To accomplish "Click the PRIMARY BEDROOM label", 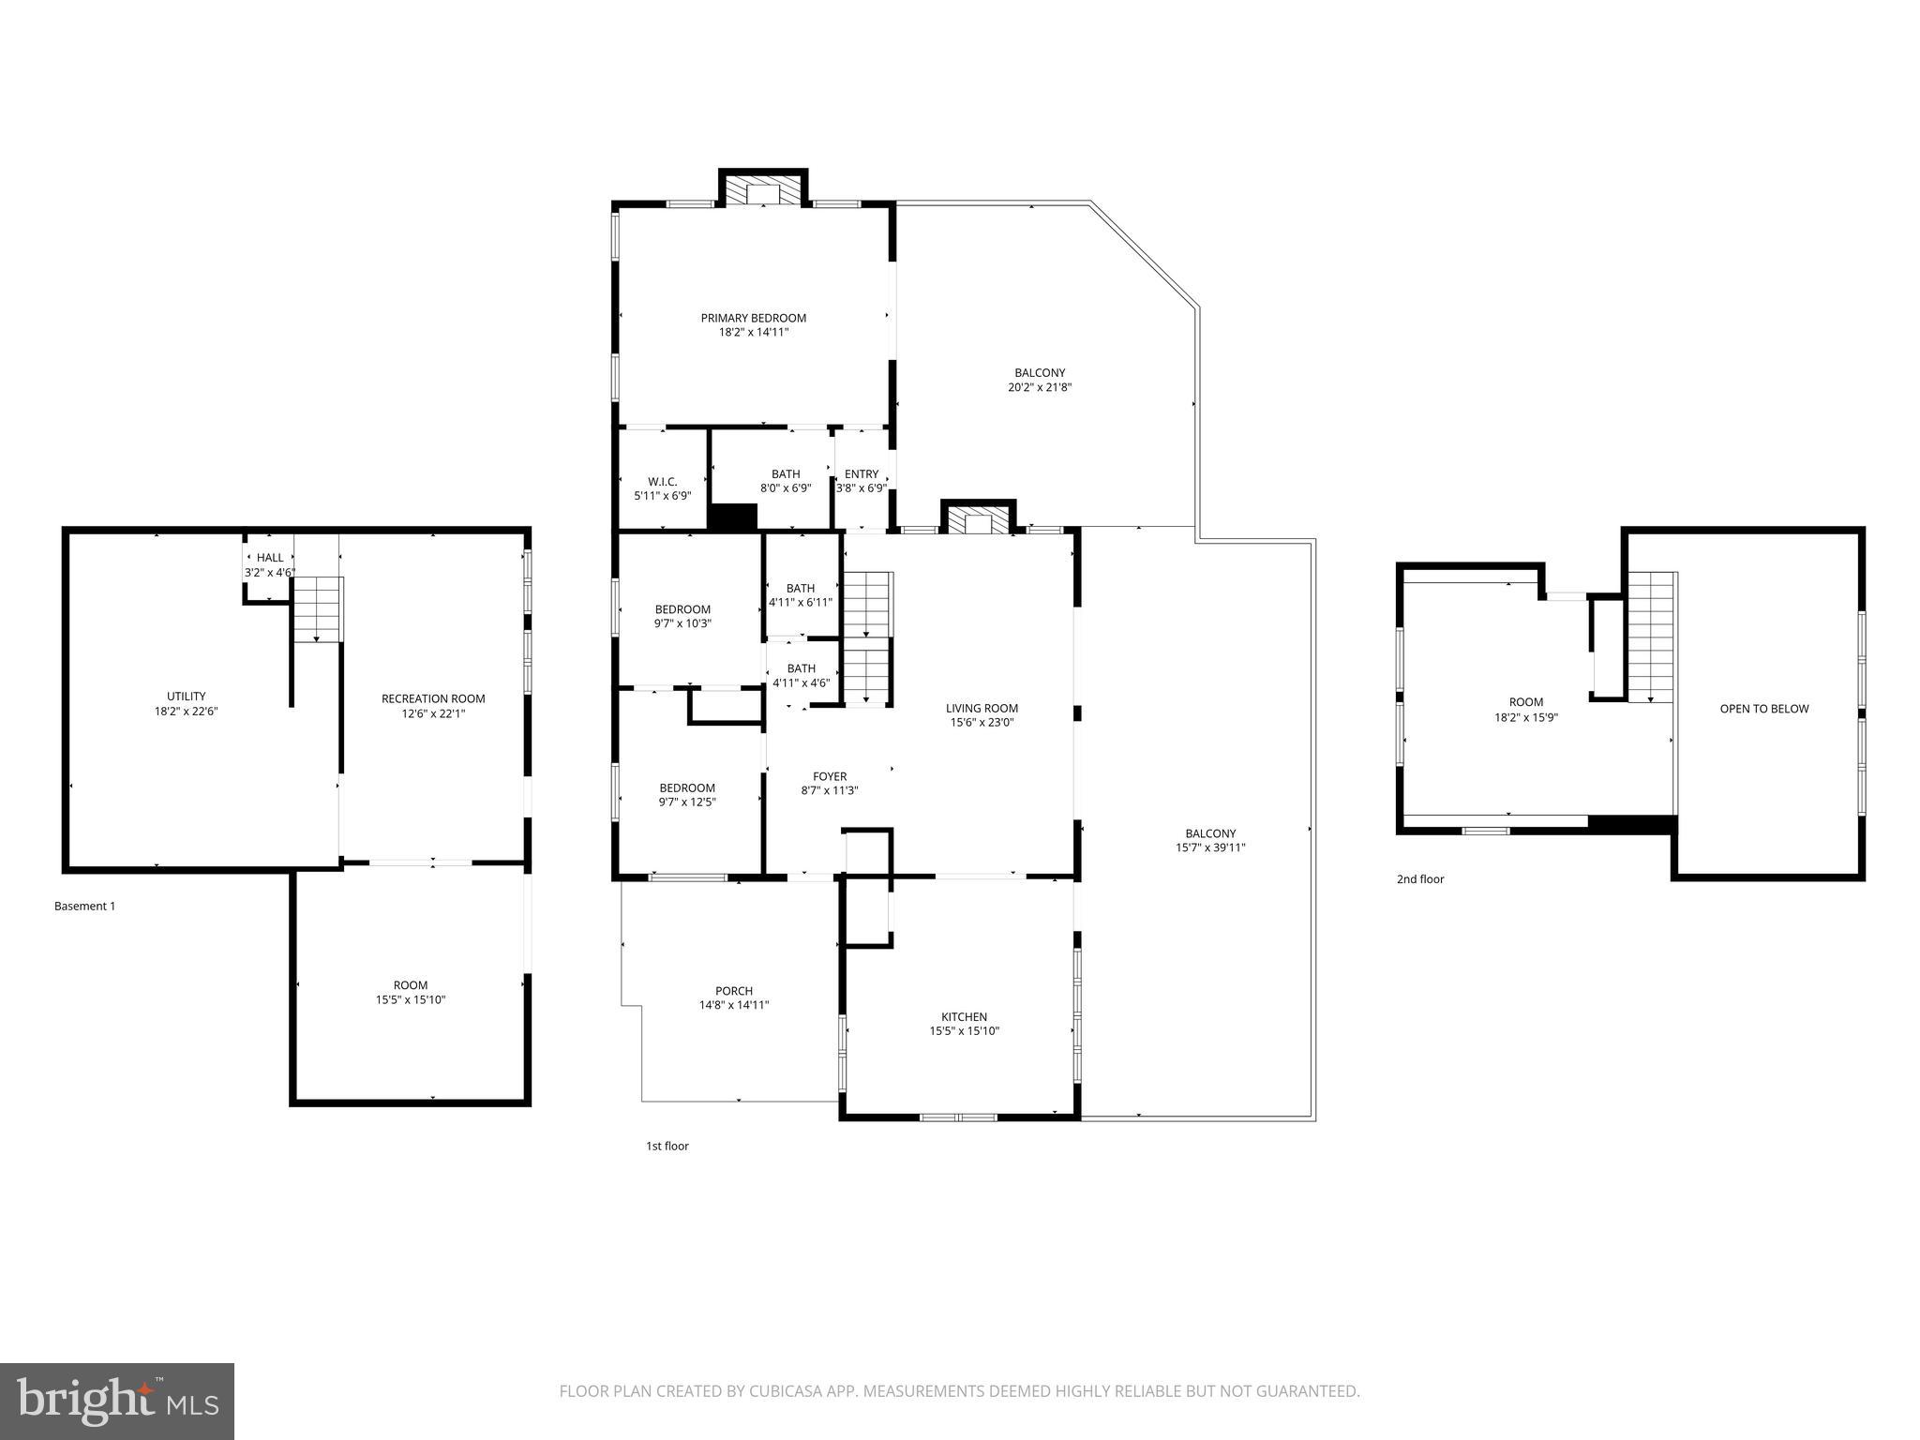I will [753, 318].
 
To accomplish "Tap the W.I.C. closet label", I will [662, 481].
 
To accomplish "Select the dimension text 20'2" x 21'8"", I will [1039, 387].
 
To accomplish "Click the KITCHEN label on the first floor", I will [964, 1016].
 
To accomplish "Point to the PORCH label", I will [733, 991].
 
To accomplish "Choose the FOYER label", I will [829, 776].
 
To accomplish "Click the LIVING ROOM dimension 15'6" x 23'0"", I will [982, 723].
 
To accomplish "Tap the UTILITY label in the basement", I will [186, 696].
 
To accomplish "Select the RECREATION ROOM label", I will [433, 698].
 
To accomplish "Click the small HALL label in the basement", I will [270, 558].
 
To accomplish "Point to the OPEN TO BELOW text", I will [1763, 709].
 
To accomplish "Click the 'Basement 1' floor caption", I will [84, 907].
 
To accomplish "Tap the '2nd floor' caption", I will [1419, 879].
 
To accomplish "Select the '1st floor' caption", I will [667, 1146].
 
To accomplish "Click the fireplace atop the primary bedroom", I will [763, 191].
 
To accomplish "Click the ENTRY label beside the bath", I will [861, 474].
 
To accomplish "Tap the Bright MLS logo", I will [117, 1401].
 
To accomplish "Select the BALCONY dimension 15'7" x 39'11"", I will [1210, 847].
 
